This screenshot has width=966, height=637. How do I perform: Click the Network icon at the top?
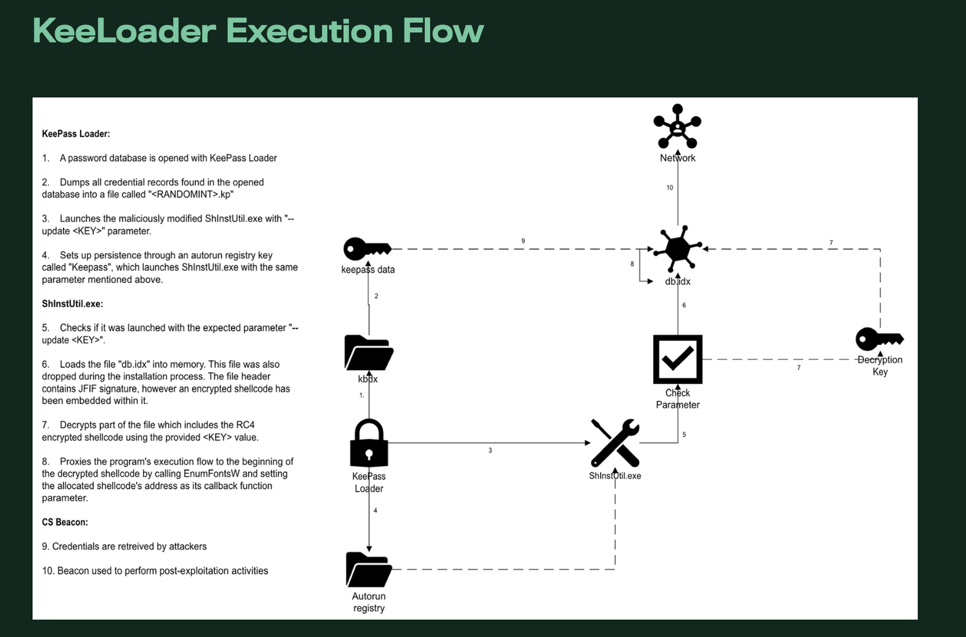pos(677,127)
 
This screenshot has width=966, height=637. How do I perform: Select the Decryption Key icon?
pos(879,339)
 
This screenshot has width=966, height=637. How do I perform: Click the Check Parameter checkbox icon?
pos(677,359)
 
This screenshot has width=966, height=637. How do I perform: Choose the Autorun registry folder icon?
pos(369,569)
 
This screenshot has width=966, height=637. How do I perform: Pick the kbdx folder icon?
pos(369,353)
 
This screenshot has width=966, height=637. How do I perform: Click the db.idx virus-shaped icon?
pos(677,248)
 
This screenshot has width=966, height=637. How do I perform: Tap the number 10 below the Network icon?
pos(670,188)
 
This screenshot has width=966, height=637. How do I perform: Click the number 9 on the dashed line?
pos(523,241)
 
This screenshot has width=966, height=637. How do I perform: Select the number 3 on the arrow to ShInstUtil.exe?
pos(490,450)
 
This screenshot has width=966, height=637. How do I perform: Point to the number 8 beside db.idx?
pos(632,264)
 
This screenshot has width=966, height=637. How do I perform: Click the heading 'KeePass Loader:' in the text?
pos(76,134)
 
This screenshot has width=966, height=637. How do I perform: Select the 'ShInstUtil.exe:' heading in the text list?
pos(72,304)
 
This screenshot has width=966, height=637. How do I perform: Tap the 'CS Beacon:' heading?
pos(65,522)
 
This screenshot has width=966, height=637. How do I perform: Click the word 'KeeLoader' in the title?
pos(124,31)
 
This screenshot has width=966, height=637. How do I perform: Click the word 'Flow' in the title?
pos(443,31)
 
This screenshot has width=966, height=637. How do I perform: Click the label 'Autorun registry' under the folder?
pos(369,602)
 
